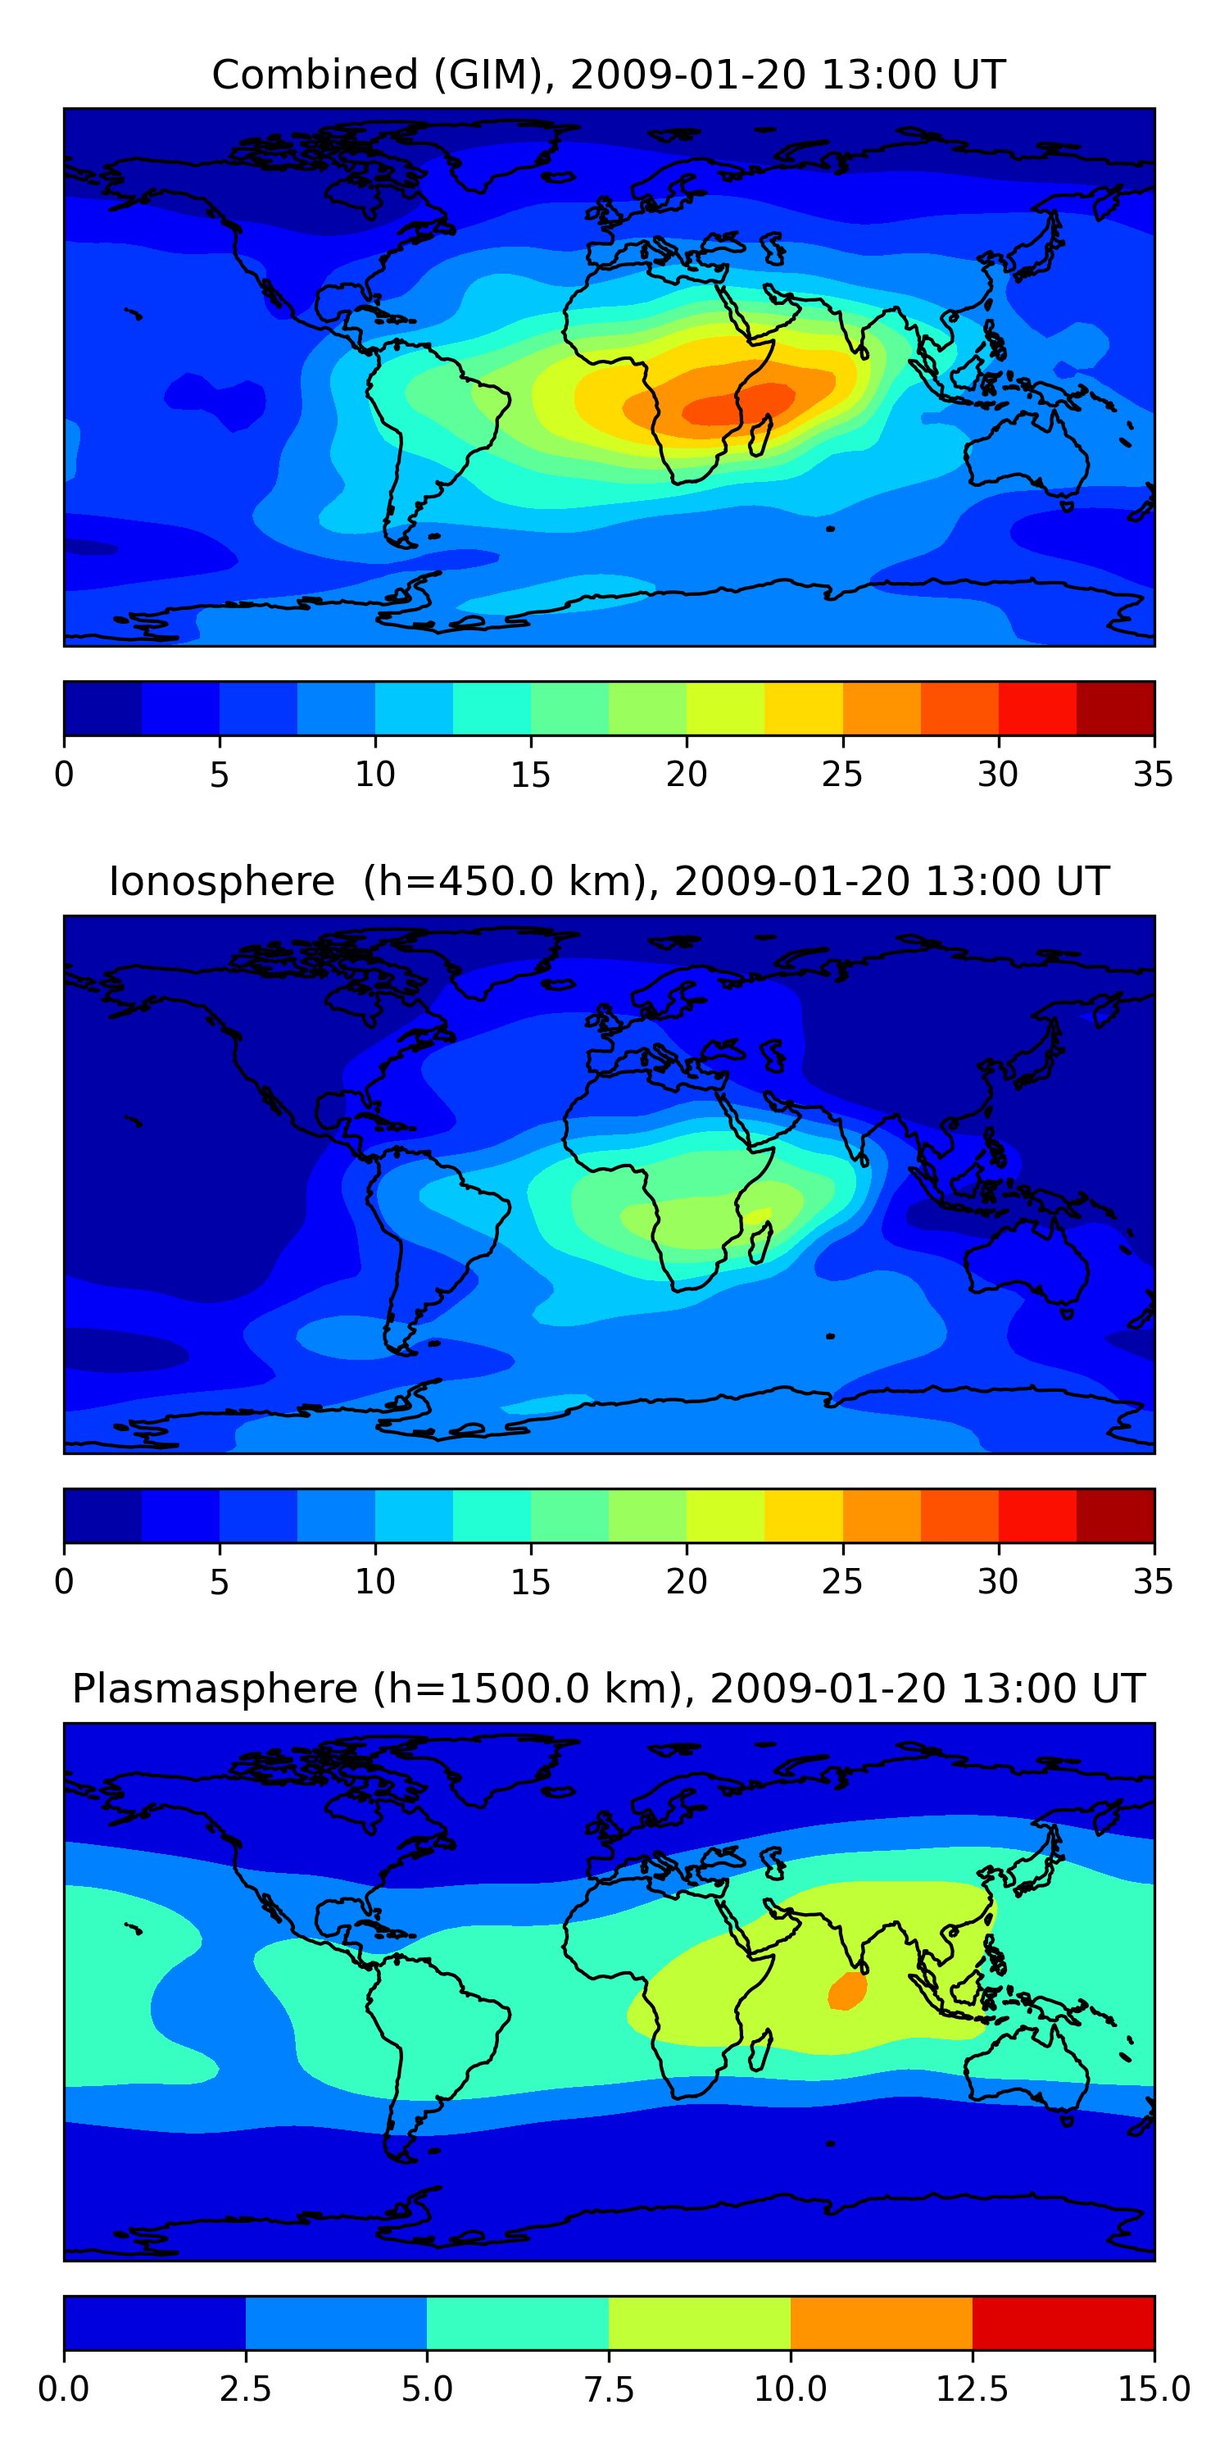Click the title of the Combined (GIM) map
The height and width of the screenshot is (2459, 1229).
tap(609, 75)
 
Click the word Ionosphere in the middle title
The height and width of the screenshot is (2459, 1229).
tap(221, 881)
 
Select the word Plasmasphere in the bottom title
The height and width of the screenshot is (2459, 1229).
tap(215, 1689)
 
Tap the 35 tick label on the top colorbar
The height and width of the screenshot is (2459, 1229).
tap(1153, 774)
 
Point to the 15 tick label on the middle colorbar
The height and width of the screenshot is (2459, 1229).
tap(531, 1582)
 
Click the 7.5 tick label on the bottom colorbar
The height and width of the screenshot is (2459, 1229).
tap(609, 2389)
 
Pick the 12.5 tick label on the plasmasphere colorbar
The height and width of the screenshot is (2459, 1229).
tap(972, 2389)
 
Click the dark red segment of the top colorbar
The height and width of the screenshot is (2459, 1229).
tap(1115, 708)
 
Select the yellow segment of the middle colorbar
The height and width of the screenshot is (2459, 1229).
tap(804, 1515)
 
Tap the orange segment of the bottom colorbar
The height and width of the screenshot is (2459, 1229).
tap(881, 2322)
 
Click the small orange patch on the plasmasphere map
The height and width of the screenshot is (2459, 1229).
tap(847, 1991)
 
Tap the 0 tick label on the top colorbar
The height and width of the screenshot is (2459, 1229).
tap(64, 774)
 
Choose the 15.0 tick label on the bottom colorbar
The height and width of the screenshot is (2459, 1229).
tap(1154, 2389)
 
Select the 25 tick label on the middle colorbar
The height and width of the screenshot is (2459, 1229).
tap(842, 1582)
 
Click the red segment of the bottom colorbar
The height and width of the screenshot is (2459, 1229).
tap(1063, 2322)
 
